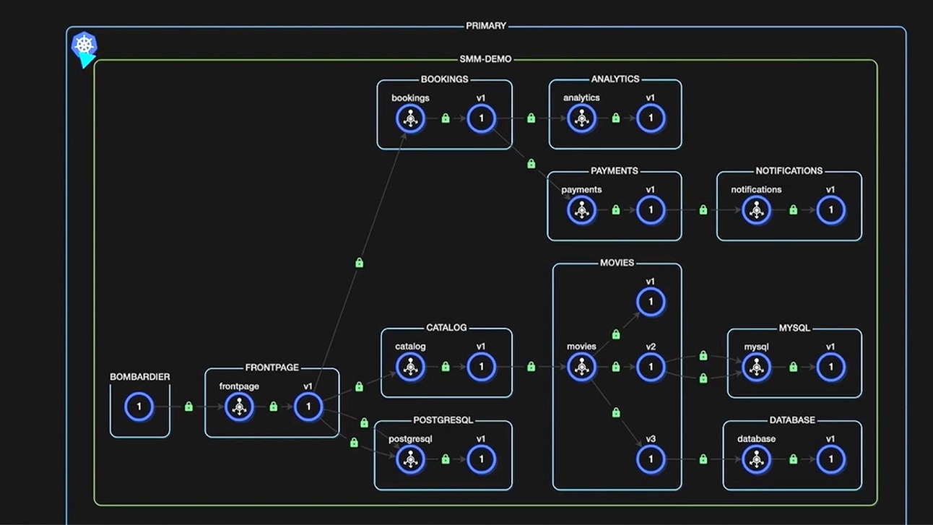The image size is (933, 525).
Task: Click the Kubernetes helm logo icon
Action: coord(84,45)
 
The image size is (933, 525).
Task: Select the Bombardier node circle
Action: coord(139,407)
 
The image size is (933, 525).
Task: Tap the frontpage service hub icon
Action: coord(239,407)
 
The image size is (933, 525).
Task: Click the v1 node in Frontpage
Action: coord(308,407)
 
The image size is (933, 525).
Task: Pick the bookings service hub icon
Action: coord(410,118)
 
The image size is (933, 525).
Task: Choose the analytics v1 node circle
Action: coord(651,118)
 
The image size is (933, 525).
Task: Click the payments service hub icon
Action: coord(581,210)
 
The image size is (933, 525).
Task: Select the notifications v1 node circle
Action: coord(830,210)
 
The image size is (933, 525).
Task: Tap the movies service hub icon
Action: coord(581,367)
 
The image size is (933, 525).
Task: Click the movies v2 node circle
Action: coord(651,367)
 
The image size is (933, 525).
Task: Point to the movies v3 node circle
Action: coord(651,459)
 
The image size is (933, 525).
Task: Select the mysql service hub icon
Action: coord(756,367)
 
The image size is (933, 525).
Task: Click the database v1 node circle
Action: coord(830,459)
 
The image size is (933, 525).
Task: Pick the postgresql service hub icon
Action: coord(410,459)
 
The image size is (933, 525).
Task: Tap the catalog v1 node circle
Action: coord(481,367)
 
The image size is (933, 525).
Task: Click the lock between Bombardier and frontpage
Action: coord(188,407)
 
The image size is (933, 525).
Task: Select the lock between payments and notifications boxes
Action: coord(703,210)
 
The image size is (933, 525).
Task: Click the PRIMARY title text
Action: coord(486,26)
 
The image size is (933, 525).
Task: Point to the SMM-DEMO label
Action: coord(485,59)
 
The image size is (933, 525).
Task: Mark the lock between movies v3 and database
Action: coord(703,459)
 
